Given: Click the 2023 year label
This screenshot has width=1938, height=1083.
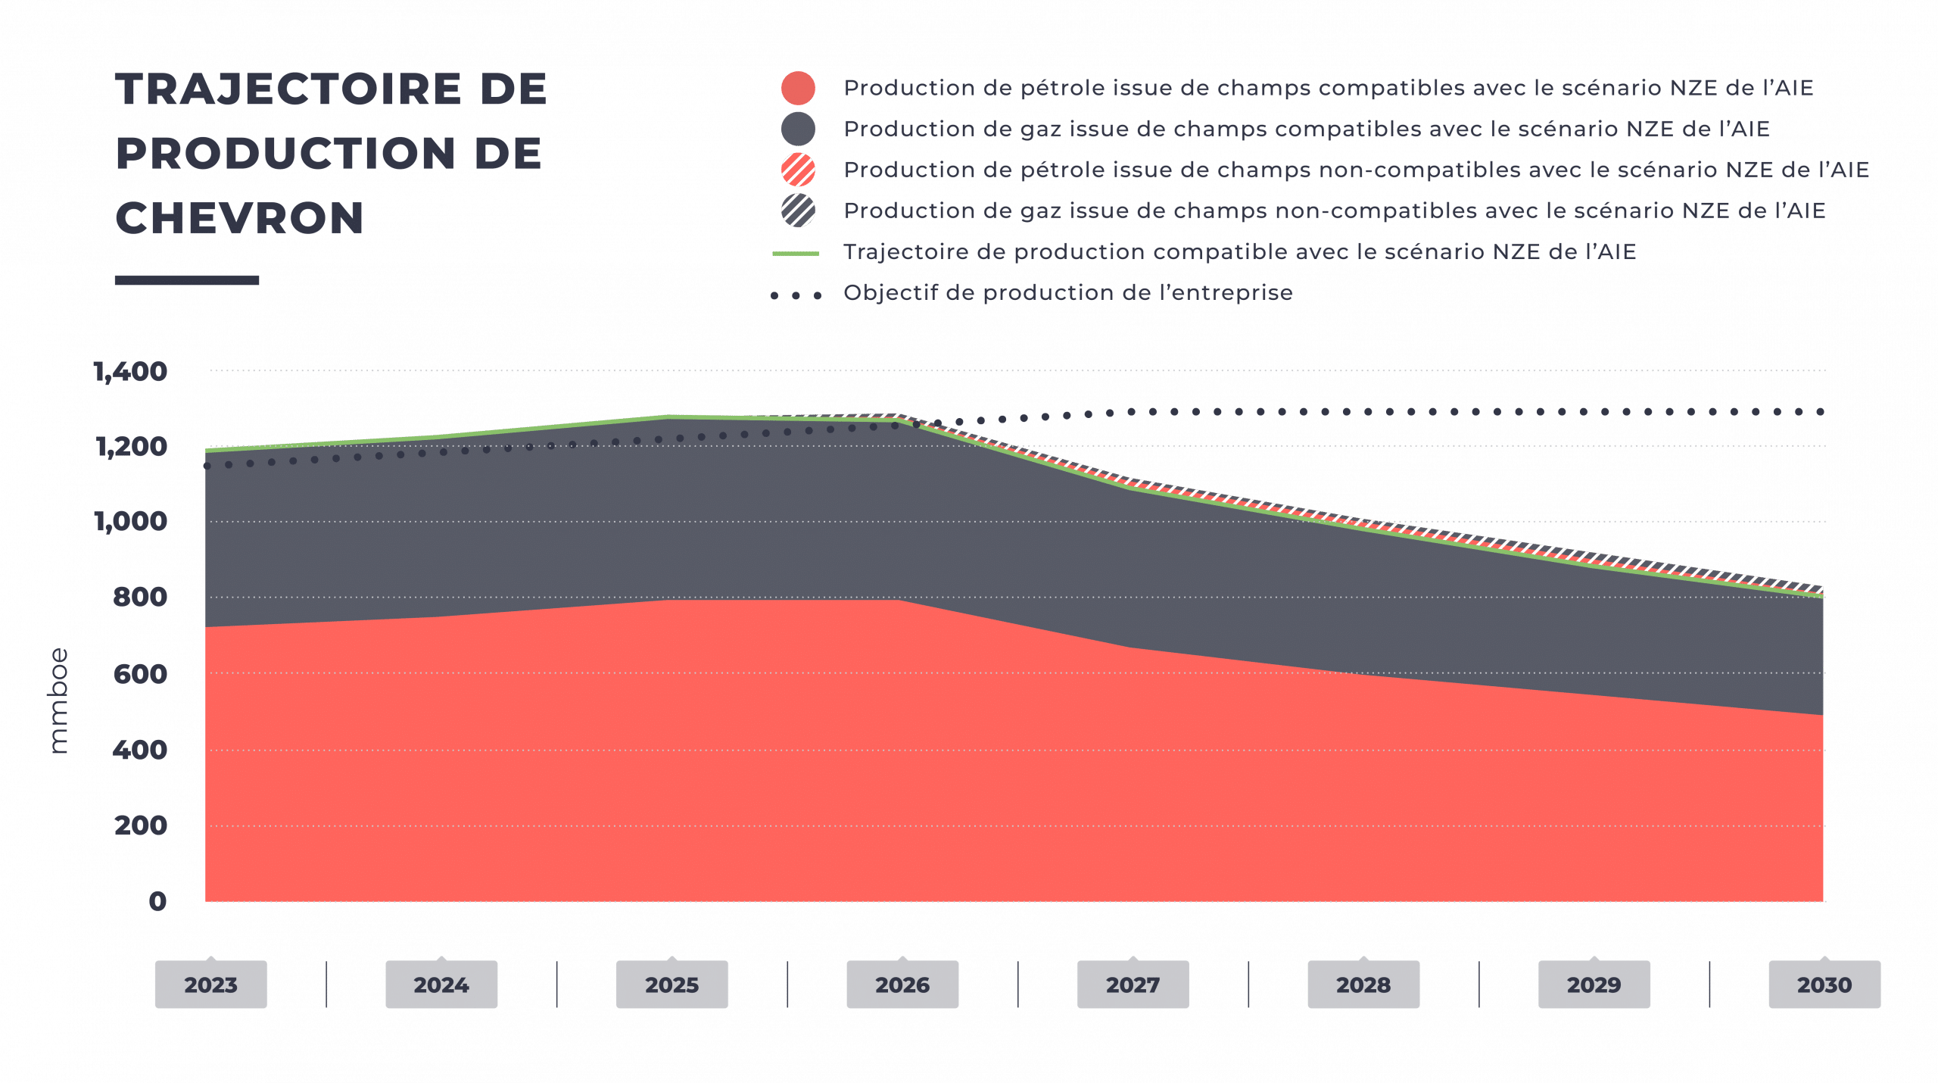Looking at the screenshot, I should [x=210, y=985].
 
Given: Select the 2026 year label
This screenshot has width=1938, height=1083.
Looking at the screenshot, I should [x=902, y=985].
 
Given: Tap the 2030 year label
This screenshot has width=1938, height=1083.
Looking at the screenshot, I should [x=1824, y=985].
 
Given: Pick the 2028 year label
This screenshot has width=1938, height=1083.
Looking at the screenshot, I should [x=1363, y=985].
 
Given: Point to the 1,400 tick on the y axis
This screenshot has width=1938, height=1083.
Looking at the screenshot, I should [x=131, y=372].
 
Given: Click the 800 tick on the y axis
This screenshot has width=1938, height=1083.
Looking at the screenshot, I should [x=140, y=598].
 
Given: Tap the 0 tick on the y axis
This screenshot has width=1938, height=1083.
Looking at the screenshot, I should [x=157, y=901].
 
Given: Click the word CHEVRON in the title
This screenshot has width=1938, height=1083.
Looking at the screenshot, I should [x=240, y=218].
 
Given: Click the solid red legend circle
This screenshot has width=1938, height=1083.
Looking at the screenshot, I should [x=798, y=89].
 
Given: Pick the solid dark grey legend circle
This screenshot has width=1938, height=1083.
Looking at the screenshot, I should [x=798, y=130].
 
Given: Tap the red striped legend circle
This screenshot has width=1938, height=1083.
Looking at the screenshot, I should [x=798, y=170].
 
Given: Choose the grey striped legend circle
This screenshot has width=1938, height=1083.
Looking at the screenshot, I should [x=798, y=211].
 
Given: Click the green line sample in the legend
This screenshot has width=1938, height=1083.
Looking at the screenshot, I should [x=796, y=254].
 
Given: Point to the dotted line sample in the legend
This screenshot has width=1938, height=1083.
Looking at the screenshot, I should [x=796, y=295].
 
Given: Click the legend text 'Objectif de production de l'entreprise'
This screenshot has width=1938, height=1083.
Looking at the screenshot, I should [x=1067, y=293].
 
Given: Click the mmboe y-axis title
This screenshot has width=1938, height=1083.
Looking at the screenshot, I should [x=61, y=701].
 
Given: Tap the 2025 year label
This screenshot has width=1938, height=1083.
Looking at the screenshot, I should [x=671, y=985].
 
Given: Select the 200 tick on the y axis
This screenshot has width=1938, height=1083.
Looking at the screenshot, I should [x=141, y=825].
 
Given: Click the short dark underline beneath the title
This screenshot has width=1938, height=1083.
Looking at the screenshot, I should [x=187, y=280].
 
